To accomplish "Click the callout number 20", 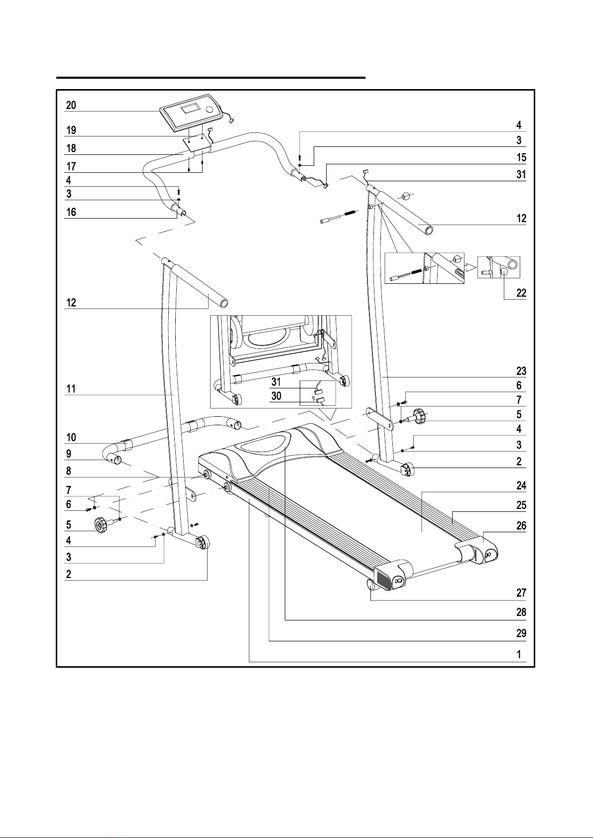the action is [71, 106].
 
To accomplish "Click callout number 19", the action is [71, 130].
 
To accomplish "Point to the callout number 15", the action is [521, 157].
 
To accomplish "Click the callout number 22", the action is [521, 293].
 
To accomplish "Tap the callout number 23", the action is [521, 371].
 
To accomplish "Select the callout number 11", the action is [71, 389].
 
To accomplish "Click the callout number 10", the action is [71, 437].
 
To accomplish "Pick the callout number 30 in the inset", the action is [276, 396].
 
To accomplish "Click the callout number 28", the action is [521, 612].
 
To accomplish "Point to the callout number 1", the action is [519, 654].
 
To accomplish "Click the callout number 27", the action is [521, 593].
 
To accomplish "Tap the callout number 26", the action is [521, 526].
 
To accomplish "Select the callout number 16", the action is [71, 213].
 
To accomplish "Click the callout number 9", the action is [69, 454].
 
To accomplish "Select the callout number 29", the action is [521, 633].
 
